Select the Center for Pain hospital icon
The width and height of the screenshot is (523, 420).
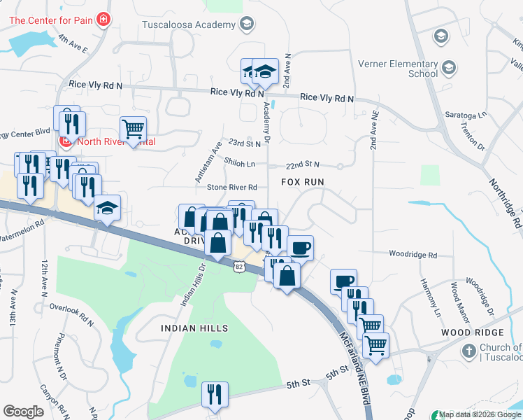coord(103,18)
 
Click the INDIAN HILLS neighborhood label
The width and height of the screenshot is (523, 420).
coord(194,328)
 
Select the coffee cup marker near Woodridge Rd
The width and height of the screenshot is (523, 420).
coord(300,248)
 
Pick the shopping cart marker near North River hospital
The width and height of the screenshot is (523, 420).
coord(133,128)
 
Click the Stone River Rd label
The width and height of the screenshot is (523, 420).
coord(232,188)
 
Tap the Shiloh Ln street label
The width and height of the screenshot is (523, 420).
coord(239,162)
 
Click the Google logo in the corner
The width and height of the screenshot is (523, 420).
coord(23,412)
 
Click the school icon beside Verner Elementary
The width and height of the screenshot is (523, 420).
coord(448,67)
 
